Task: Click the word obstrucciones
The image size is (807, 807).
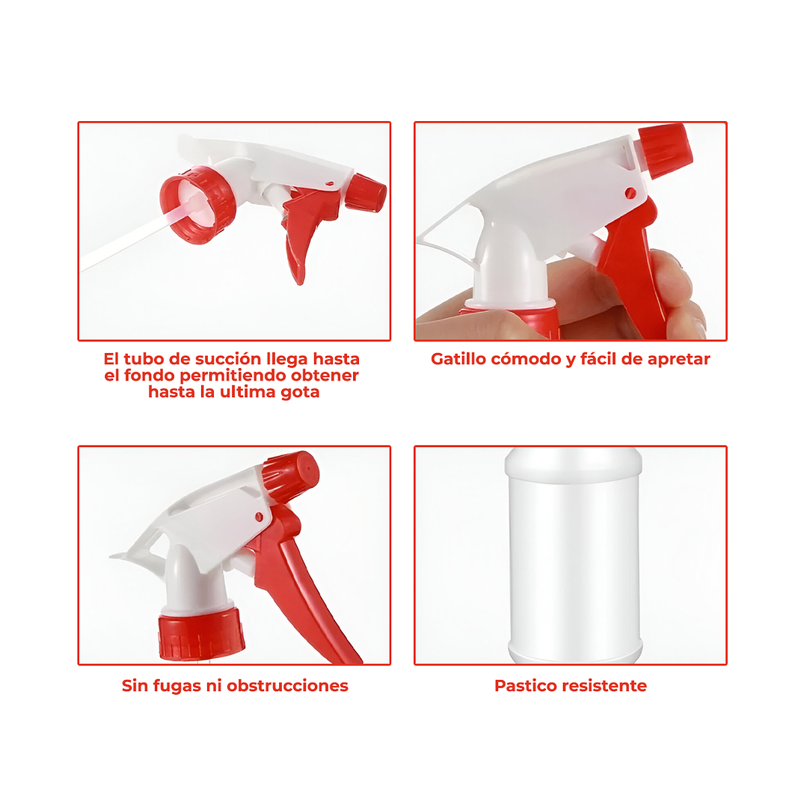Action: coord(288,686)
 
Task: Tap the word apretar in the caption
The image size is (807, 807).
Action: coord(677,359)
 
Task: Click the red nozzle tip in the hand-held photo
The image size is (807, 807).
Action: coord(665,146)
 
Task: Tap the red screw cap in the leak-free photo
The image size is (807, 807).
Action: coord(201,634)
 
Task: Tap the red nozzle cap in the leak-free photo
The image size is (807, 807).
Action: coord(292,476)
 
